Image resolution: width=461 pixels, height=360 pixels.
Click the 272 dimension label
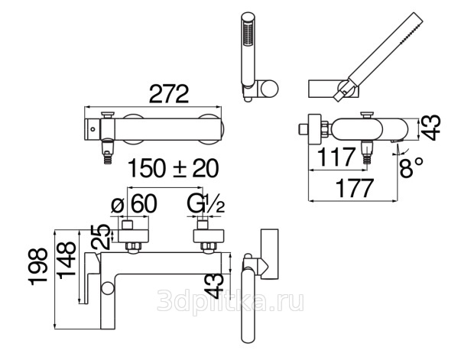point(169,94)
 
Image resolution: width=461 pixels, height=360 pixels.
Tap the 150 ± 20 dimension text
point(174,168)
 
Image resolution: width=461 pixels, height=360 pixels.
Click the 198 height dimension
point(38,267)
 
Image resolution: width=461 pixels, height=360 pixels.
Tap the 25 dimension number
point(100,237)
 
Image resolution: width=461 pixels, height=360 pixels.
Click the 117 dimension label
point(336,157)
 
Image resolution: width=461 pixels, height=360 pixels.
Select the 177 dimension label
point(355,188)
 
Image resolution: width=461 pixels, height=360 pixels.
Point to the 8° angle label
point(411,167)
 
